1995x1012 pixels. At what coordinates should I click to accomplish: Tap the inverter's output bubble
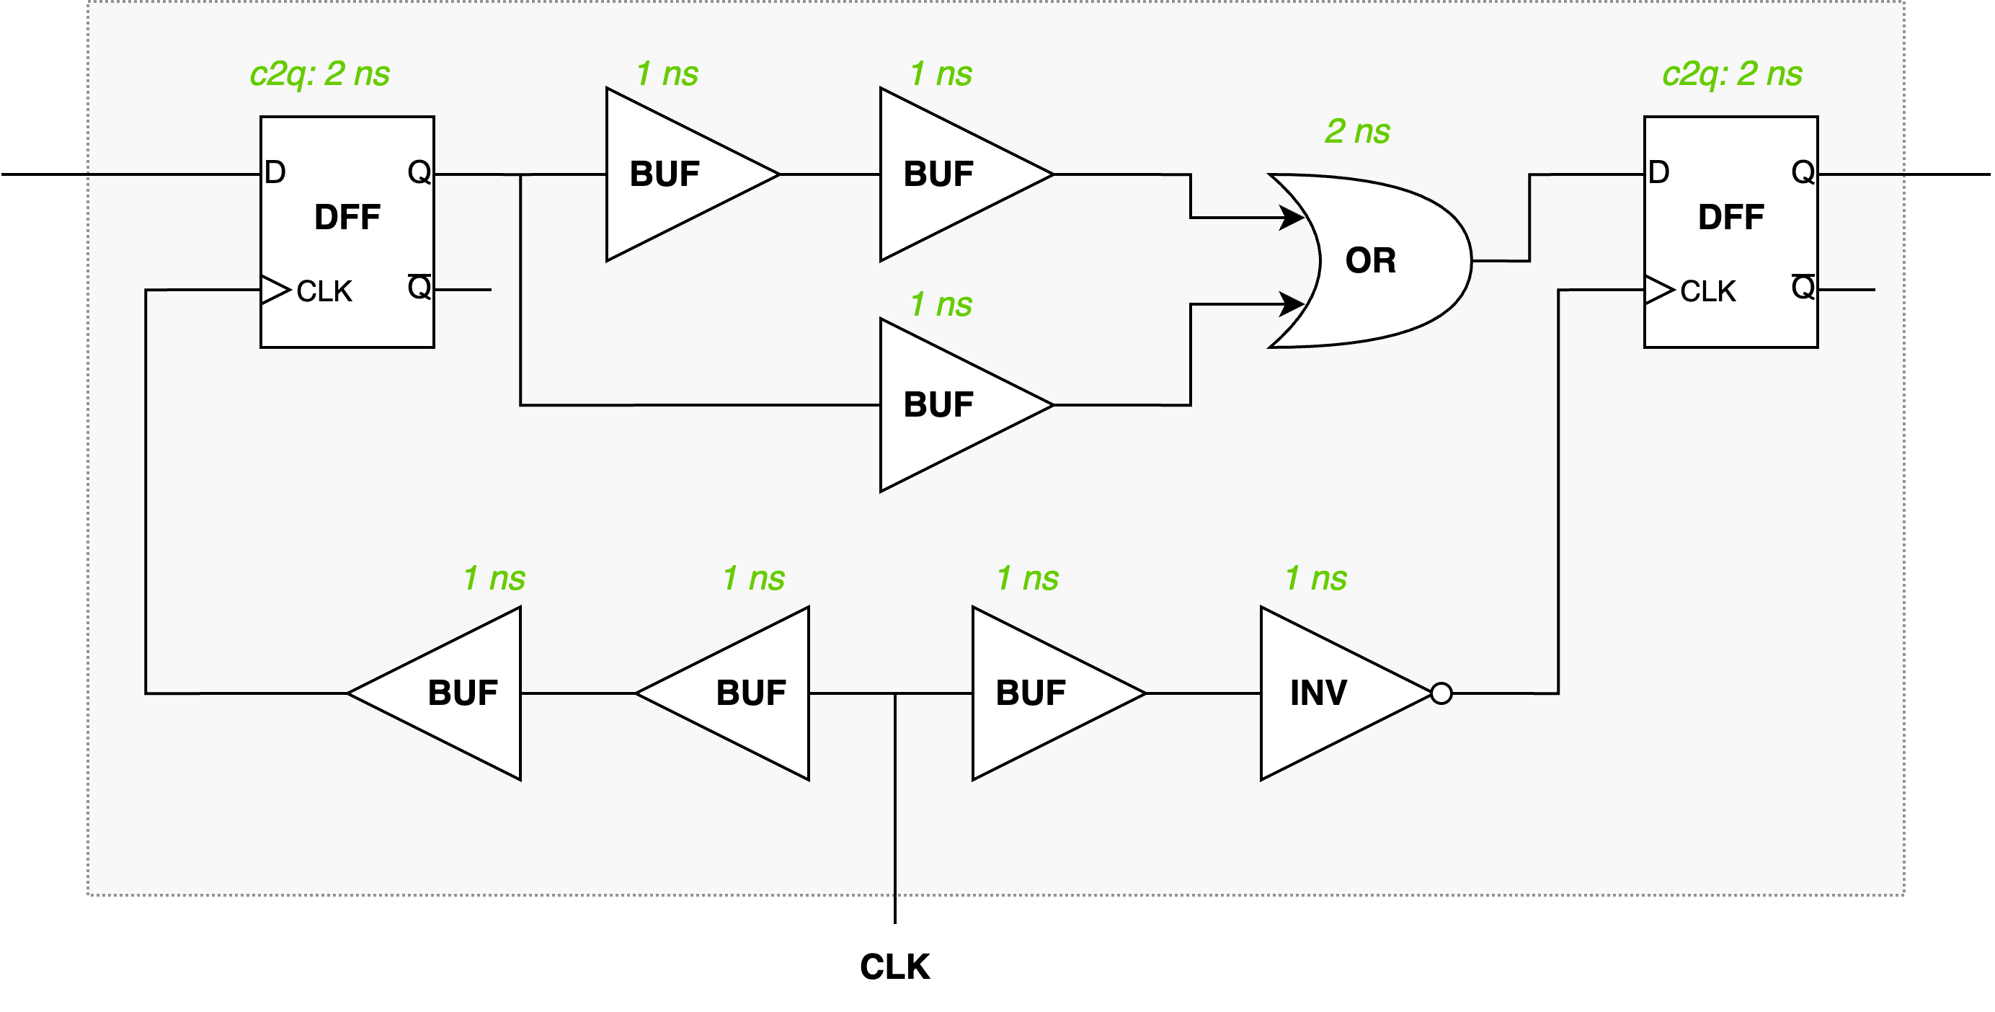(1441, 693)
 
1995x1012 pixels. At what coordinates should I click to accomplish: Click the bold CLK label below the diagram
(894, 967)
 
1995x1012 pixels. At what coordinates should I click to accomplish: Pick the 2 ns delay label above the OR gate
(1357, 132)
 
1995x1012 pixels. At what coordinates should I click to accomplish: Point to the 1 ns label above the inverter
(1316, 578)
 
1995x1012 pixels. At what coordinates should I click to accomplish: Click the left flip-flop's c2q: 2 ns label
(319, 74)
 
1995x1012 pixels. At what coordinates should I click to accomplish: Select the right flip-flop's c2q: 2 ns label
(1732, 74)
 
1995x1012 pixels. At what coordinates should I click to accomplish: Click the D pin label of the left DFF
(275, 172)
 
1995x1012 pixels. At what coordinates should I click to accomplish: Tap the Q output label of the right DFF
(1803, 172)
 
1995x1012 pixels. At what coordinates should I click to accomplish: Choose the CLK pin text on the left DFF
(324, 291)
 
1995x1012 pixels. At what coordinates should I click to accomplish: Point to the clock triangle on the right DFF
(1659, 290)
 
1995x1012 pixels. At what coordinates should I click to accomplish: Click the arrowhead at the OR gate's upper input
(1292, 218)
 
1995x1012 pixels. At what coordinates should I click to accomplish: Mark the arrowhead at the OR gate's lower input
(1292, 304)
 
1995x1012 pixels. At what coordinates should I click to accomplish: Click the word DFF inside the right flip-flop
(1731, 217)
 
